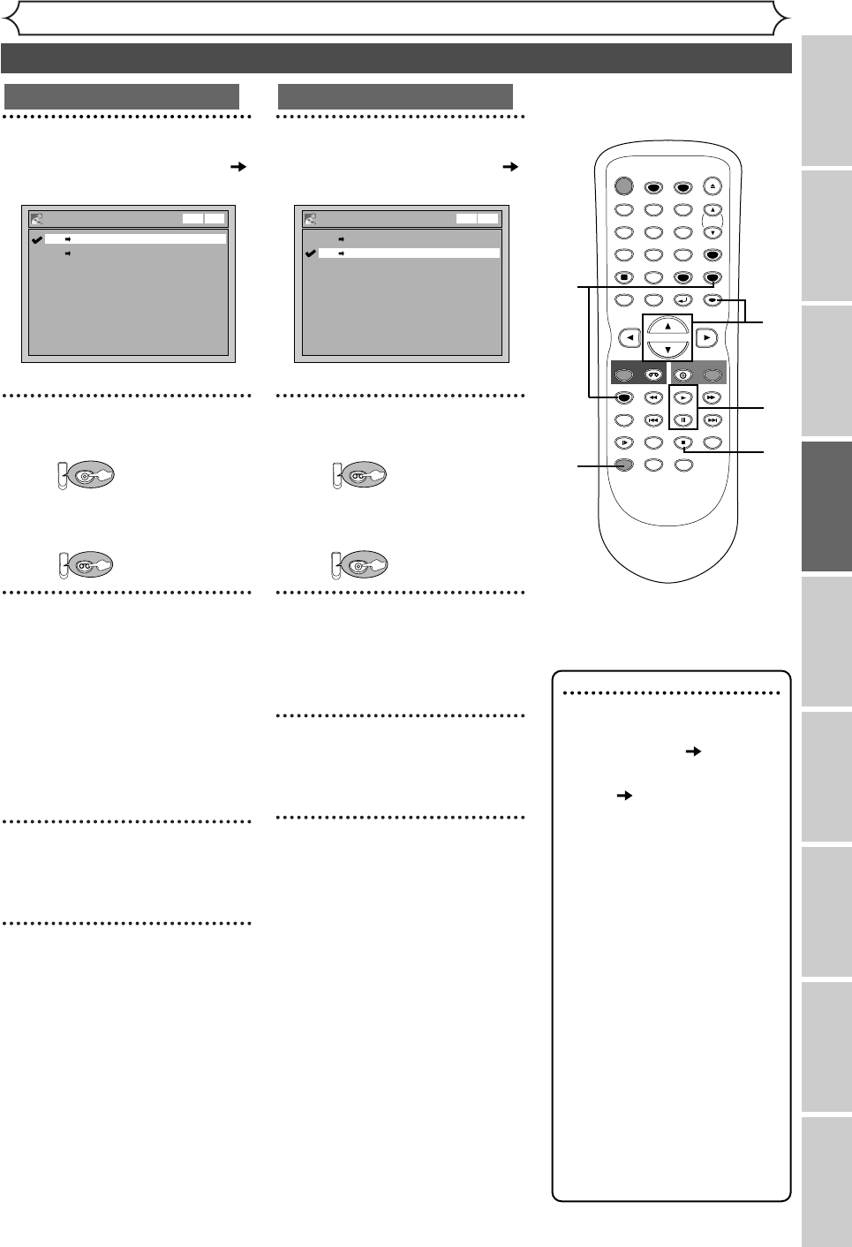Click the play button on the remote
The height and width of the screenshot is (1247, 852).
click(x=683, y=398)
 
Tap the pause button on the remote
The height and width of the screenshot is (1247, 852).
click(x=683, y=420)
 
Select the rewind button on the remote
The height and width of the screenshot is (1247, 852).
click(x=654, y=398)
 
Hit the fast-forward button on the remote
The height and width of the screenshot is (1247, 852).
click(x=713, y=398)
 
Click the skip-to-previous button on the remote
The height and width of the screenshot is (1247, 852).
click(x=654, y=420)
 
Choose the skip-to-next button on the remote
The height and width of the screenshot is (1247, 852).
click(x=713, y=420)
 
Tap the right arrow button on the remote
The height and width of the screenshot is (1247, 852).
click(x=706, y=337)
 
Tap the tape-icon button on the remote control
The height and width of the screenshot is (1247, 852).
click(x=654, y=373)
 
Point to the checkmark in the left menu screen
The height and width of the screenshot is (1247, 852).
click(x=35, y=238)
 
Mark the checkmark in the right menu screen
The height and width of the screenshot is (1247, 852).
click(x=309, y=253)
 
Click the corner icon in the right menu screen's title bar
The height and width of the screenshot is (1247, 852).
click(x=310, y=218)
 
